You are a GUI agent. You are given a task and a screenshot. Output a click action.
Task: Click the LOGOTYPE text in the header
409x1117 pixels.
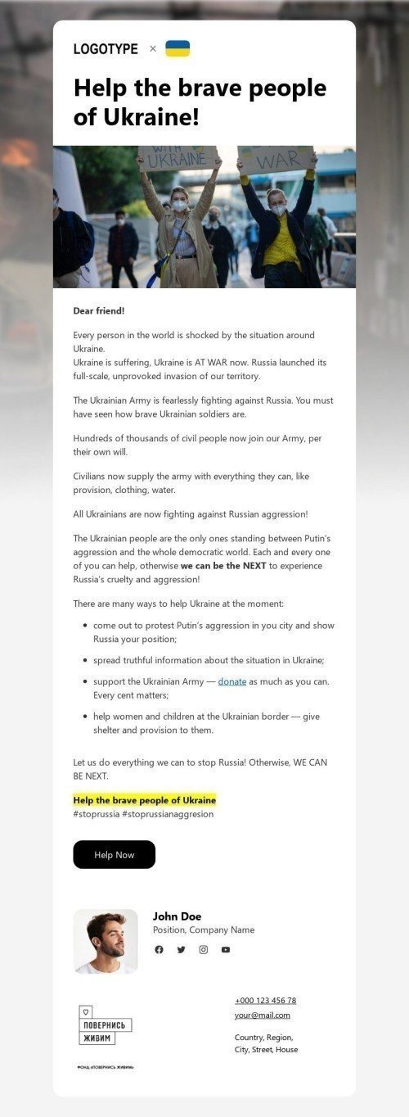(x=106, y=49)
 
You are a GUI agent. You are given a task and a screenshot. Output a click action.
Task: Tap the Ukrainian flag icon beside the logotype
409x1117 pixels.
(x=178, y=48)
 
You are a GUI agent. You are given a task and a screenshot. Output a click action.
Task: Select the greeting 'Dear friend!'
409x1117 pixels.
(x=99, y=311)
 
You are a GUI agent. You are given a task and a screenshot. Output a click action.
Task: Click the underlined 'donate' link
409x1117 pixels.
(x=232, y=681)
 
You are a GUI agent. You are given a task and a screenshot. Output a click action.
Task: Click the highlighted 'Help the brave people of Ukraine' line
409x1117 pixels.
(x=145, y=800)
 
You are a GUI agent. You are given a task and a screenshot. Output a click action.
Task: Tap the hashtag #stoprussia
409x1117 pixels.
(x=95, y=814)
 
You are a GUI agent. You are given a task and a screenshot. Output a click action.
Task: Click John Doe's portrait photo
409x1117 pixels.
(x=106, y=941)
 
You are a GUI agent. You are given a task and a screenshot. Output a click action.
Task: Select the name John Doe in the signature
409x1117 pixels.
(x=177, y=916)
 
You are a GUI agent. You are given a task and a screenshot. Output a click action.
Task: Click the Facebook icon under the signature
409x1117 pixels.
(x=159, y=950)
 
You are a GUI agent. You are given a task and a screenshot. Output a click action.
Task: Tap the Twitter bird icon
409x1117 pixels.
(x=181, y=950)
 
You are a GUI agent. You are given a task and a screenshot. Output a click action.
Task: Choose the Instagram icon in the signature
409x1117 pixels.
(x=204, y=950)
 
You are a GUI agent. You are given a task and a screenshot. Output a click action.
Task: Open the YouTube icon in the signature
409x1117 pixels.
(x=226, y=950)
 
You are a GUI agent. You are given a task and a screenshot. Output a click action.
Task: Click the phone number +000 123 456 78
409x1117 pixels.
(x=265, y=1001)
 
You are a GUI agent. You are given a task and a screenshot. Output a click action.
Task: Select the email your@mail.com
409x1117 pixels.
(x=262, y=1015)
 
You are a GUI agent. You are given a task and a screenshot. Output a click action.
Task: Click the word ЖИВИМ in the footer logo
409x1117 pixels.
(x=97, y=1038)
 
